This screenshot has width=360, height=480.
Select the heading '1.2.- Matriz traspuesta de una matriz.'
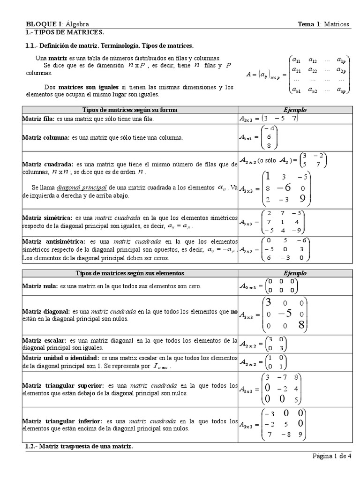tap(79, 446)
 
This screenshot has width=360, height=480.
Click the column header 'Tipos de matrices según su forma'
tap(130, 110)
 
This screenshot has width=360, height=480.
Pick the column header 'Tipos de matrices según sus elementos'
tap(130, 273)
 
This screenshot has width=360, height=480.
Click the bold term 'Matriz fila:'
tap(38, 119)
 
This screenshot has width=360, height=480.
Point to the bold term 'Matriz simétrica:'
tap(47, 218)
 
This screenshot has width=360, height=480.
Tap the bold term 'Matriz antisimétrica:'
tap(53, 241)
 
